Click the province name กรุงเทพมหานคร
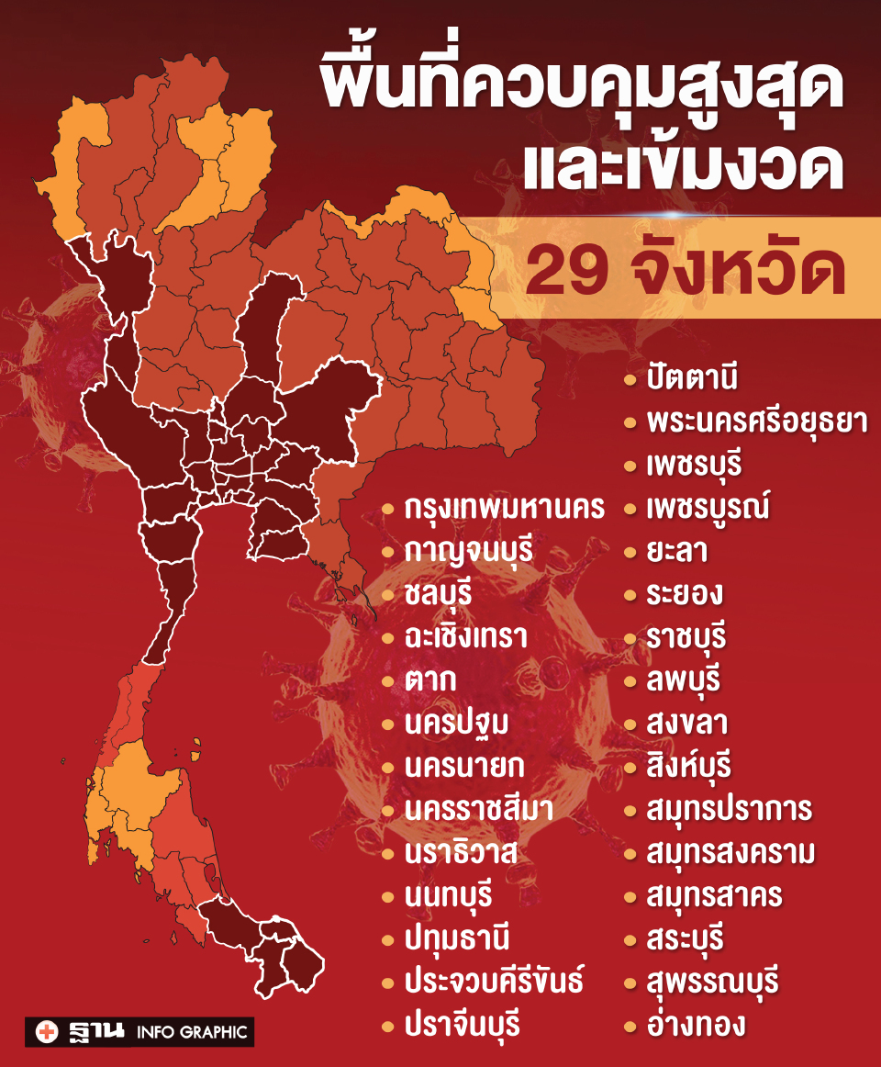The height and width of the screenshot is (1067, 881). coord(504,509)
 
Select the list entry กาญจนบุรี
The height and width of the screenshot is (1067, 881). coord(469,552)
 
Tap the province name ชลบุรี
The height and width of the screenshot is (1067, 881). coord(438,594)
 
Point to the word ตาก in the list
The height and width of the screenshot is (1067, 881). coord(430,680)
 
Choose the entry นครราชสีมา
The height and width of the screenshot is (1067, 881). coord(478,809)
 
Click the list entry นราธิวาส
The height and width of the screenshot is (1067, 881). coord(462,851)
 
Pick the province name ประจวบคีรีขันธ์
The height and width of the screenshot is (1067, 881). coord(493,981)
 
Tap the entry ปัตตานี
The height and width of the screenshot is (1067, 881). coord(692,378)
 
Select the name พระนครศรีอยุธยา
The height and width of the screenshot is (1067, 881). coord(756,421)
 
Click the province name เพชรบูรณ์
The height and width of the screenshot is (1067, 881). coord(708,508)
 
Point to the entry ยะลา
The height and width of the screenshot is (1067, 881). coord(676,552)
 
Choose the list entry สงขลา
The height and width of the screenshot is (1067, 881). coord(686,724)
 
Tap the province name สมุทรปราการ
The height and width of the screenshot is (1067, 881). coord(729,810)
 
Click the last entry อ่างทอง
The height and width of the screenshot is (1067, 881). coord(695,1025)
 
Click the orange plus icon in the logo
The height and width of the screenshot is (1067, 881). coord(46,1031)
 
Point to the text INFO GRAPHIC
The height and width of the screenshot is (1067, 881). coord(192,1032)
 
